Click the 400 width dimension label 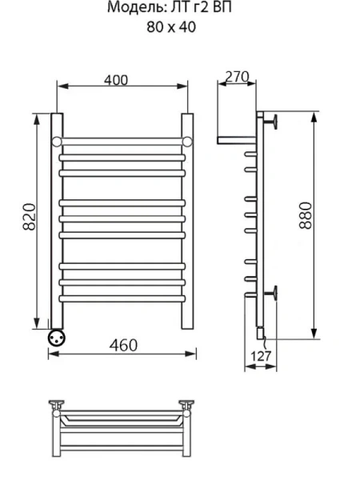coord(116,79)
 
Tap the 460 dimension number coord(122,345)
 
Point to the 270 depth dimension coord(237,78)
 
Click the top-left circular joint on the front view coord(57,142)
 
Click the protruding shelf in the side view coord(236,141)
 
